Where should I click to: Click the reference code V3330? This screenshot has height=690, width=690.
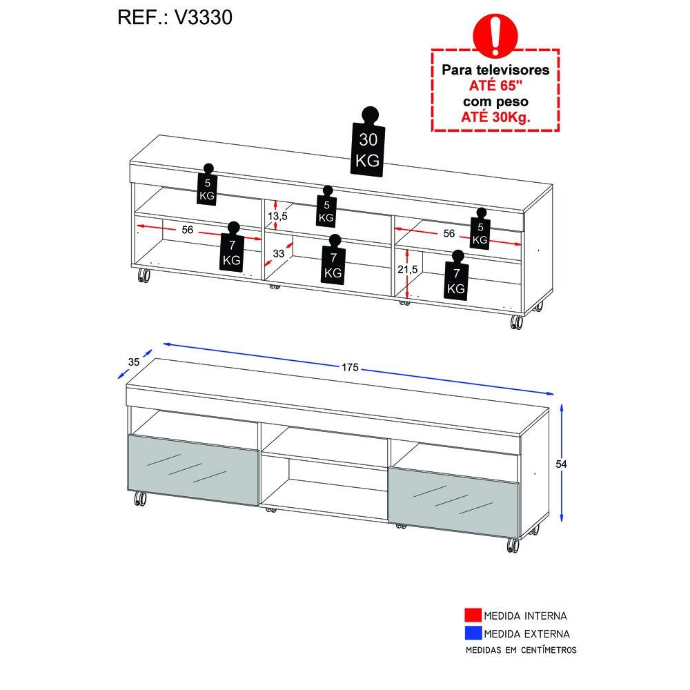point(204,18)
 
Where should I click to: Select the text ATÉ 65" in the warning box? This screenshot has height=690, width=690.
point(495,86)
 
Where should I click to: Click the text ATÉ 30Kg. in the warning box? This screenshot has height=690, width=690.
point(495,117)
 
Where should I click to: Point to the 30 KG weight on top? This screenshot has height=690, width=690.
point(368,142)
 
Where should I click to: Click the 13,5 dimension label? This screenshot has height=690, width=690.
point(277,216)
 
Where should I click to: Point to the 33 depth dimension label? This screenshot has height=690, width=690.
point(279,253)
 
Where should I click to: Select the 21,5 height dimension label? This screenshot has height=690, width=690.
point(408,269)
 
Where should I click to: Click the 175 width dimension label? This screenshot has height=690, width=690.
point(351,367)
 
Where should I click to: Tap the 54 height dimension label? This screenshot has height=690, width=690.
point(561,464)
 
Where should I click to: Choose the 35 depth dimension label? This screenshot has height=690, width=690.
point(134,362)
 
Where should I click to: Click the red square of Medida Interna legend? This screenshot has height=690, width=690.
point(473,615)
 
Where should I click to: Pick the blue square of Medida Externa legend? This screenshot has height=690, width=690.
point(473,633)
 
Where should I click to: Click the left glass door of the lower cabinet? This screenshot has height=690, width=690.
point(193,470)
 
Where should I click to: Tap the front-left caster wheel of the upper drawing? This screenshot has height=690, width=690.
point(144,275)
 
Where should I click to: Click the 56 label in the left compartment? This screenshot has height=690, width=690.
point(188,230)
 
